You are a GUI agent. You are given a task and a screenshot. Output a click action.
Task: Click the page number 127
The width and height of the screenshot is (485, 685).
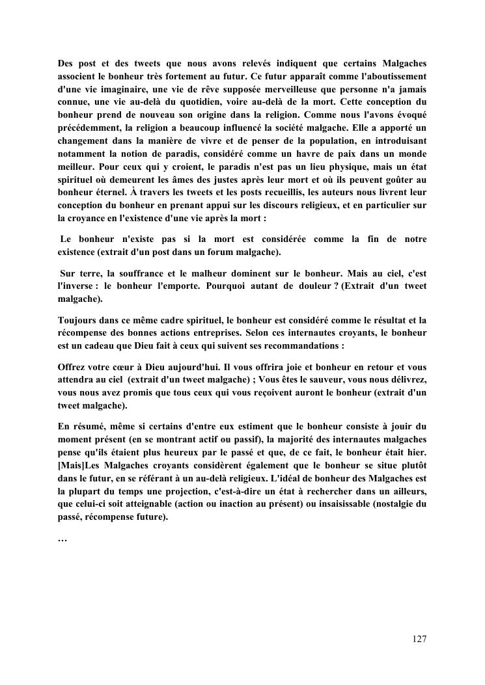419,639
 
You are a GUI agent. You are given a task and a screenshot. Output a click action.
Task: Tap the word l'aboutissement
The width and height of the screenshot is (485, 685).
388,77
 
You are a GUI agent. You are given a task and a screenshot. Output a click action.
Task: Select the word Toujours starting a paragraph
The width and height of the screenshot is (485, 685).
77,319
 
